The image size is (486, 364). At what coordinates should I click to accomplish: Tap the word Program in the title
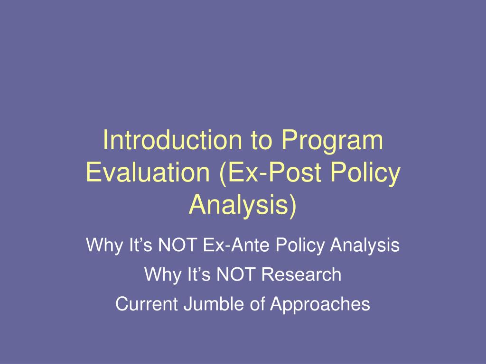tap(331, 141)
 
